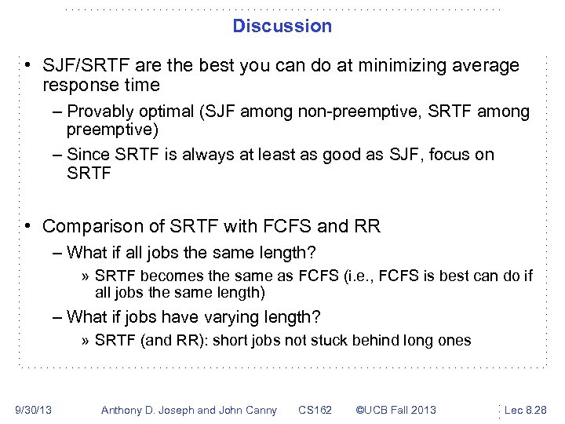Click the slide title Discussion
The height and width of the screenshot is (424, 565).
[282, 26]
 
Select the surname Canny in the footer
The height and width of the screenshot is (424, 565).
[259, 410]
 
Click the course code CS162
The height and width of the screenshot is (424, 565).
[315, 410]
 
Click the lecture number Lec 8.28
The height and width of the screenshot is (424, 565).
[526, 410]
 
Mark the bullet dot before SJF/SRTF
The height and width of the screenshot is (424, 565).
[27, 65]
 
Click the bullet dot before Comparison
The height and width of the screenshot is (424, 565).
[27, 227]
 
